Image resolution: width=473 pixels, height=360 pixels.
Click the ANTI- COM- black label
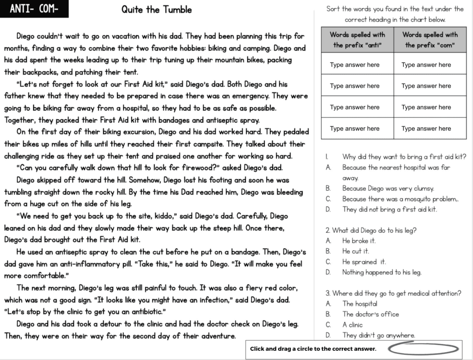[x=34, y=9]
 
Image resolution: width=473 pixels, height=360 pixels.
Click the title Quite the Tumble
[x=157, y=10]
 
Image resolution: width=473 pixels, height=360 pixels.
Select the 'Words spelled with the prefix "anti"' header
[x=357, y=40]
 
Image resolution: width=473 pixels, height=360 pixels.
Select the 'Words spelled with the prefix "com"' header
[x=430, y=40]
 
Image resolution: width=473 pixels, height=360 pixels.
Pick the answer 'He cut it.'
[x=355, y=251]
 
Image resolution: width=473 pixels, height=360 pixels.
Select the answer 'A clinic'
[x=352, y=324]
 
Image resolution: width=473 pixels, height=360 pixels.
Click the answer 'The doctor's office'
[x=370, y=314]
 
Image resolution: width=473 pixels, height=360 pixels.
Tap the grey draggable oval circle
[x=423, y=349]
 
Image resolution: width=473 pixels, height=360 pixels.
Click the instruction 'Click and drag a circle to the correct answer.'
[x=313, y=349]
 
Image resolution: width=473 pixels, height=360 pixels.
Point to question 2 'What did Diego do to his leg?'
[x=374, y=230]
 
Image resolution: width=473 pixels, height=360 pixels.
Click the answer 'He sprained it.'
[x=364, y=262]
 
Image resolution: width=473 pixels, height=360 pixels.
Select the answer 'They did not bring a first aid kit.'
[x=389, y=209]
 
